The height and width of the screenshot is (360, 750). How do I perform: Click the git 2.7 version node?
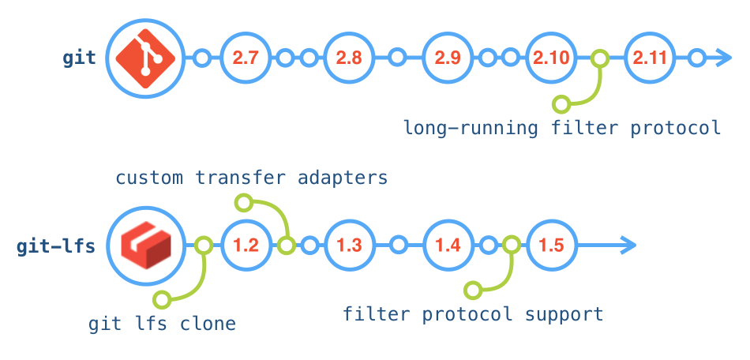[x=246, y=58]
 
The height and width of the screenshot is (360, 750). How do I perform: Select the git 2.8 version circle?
[x=348, y=58]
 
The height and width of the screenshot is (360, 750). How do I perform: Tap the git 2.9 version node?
[x=448, y=58]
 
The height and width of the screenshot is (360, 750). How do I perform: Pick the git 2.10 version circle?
[x=550, y=58]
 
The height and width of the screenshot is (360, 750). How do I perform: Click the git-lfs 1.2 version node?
[x=246, y=246]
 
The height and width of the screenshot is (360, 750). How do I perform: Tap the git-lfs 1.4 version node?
[x=448, y=246]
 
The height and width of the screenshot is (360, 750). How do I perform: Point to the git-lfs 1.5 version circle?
[x=550, y=246]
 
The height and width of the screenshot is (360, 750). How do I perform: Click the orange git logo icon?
[x=144, y=58]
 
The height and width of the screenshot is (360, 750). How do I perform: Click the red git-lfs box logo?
[x=144, y=246]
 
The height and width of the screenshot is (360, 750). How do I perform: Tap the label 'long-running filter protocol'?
[x=562, y=127]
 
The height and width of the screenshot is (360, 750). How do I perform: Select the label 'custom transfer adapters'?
[x=252, y=178]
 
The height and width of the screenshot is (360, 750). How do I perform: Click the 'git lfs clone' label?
[x=162, y=324]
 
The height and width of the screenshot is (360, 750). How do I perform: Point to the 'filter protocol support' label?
[x=473, y=314]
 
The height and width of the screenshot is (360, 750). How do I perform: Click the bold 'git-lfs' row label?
[x=56, y=246]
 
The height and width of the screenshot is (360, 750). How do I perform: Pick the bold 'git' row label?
[x=79, y=58]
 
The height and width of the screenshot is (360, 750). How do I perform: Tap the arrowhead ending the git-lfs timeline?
[x=626, y=246]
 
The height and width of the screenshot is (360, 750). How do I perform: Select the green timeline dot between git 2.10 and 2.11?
[x=600, y=58]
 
